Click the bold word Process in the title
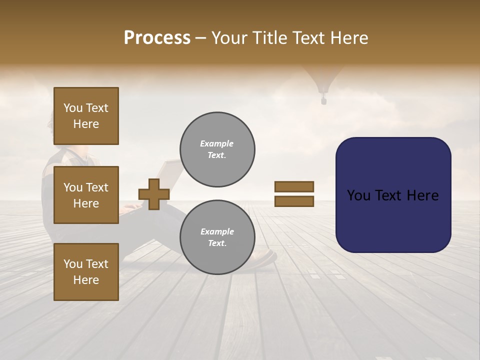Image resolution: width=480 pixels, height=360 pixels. click(x=157, y=38)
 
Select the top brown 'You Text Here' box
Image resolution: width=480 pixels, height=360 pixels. click(x=86, y=116)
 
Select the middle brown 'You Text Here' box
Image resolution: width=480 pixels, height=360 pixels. click(x=86, y=195)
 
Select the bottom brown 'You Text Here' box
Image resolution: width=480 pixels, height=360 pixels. click(x=86, y=271)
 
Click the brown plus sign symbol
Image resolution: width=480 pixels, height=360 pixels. click(x=154, y=194)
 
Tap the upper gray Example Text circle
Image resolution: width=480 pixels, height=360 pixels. click(x=217, y=149)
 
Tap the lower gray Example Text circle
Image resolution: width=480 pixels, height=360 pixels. click(x=217, y=237)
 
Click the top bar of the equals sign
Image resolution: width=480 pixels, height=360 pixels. click(x=294, y=186)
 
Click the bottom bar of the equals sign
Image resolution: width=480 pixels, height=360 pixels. click(x=294, y=201)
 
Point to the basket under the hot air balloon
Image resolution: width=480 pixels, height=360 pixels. click(x=323, y=101)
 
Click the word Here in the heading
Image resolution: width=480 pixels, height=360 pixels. click(x=349, y=38)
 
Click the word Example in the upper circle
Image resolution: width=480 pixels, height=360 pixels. click(x=217, y=143)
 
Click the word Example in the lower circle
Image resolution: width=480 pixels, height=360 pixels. click(x=217, y=231)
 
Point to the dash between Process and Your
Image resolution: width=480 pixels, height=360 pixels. click(x=200, y=39)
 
